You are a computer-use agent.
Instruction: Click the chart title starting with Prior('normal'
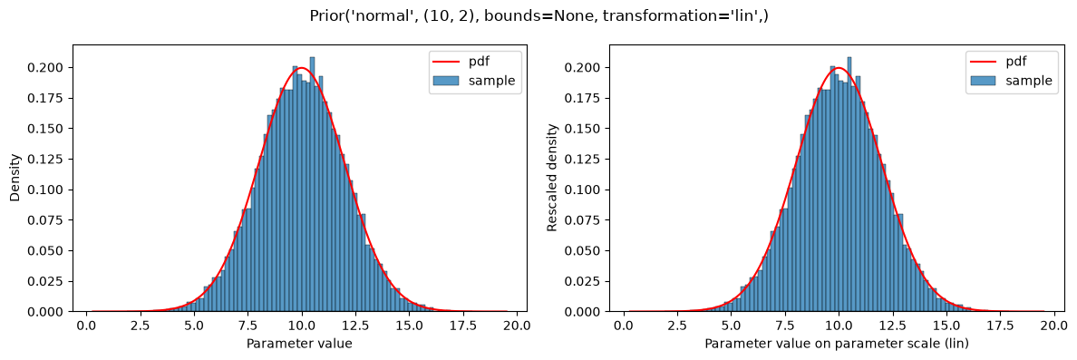[538, 15]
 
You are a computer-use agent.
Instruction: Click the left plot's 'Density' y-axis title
[15, 179]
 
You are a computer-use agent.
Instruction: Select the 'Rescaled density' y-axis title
[551, 179]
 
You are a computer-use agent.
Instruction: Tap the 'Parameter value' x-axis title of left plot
[299, 345]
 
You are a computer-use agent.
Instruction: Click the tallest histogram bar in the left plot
[311, 184]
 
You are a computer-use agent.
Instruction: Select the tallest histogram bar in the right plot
[849, 184]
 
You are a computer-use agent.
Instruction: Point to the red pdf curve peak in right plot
[838, 68]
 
